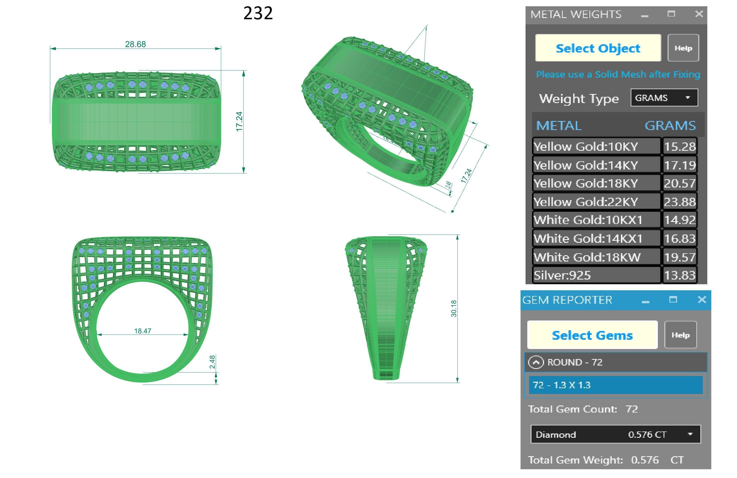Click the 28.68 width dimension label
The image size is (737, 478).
click(x=135, y=44)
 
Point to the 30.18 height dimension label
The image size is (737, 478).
click(x=454, y=308)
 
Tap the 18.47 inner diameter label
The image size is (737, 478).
click(x=143, y=331)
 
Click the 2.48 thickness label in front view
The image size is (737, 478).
click(x=212, y=362)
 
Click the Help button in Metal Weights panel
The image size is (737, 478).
click(x=683, y=48)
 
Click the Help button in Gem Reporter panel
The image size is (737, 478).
click(x=680, y=335)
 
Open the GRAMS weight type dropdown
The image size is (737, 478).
click(x=664, y=98)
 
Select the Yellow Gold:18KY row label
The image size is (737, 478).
click(x=585, y=183)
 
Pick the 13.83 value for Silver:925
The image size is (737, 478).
click(x=680, y=275)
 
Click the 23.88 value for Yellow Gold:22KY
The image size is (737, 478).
click(x=680, y=202)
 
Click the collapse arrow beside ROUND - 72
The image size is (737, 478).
click(x=536, y=362)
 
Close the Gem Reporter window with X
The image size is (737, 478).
click(x=702, y=299)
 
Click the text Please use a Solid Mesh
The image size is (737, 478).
click(x=618, y=74)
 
